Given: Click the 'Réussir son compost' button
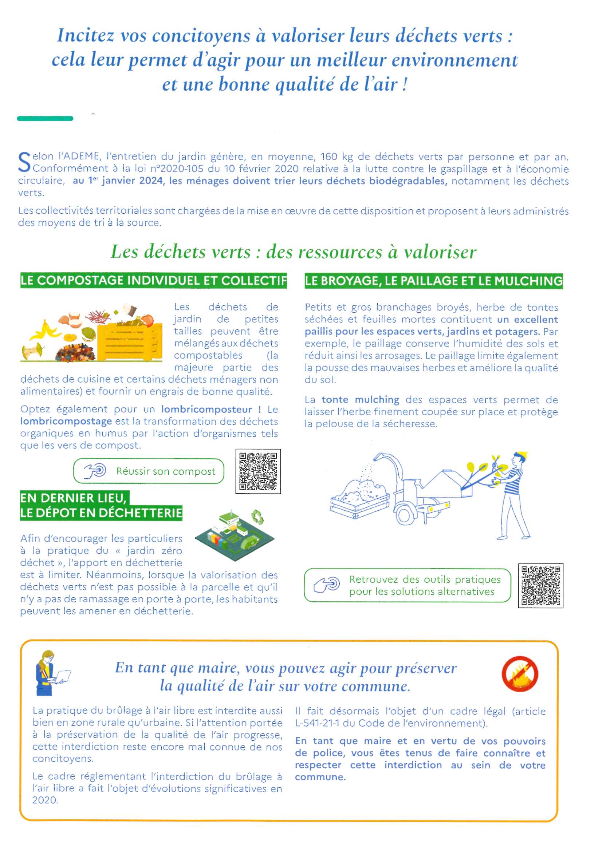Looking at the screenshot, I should (x=148, y=471).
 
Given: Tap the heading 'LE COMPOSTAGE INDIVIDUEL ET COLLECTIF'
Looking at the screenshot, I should (x=154, y=281).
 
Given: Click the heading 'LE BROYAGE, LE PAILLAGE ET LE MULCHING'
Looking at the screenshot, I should (x=433, y=281).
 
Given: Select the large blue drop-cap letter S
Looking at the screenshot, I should (x=24, y=163).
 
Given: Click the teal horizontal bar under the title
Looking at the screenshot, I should (x=45, y=119).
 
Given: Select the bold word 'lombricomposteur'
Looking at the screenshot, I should (x=206, y=409).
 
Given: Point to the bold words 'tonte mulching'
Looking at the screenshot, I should (x=360, y=400).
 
